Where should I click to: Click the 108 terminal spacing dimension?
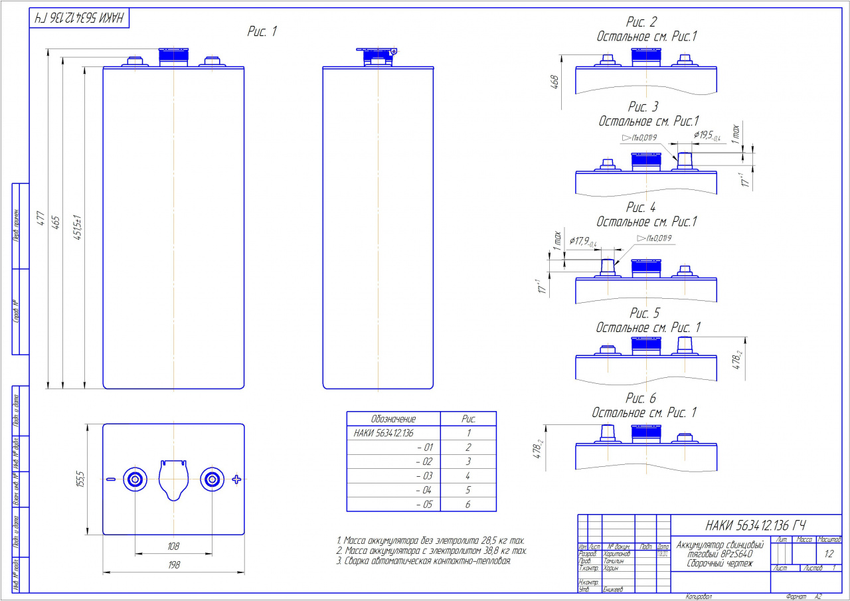(x=173, y=545)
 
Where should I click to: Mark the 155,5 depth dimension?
(x=80, y=478)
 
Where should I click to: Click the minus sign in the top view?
(x=111, y=479)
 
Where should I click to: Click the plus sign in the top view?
(x=236, y=479)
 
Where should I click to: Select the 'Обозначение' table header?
(x=393, y=419)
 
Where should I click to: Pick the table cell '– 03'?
(x=423, y=475)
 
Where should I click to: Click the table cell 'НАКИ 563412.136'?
(x=384, y=433)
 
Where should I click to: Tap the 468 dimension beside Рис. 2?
(x=555, y=82)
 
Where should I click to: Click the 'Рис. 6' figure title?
(x=641, y=398)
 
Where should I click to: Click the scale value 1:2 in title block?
(x=829, y=553)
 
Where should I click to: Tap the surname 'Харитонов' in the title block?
(x=617, y=553)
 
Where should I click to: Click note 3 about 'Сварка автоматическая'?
(x=424, y=561)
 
